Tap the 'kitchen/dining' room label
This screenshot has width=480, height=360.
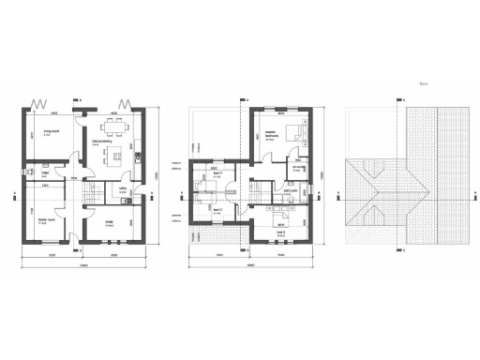click(x=102, y=142)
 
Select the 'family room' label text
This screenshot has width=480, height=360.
click(x=43, y=222)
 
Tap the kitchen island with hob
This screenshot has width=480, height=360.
click(x=114, y=155)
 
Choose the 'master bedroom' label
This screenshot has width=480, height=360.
click(x=271, y=136)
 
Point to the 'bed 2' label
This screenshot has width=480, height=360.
click(x=279, y=230)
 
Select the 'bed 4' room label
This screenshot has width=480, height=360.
click(x=216, y=174)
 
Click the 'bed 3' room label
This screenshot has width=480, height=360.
click(x=217, y=209)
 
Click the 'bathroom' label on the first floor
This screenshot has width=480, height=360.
click(x=292, y=190)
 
